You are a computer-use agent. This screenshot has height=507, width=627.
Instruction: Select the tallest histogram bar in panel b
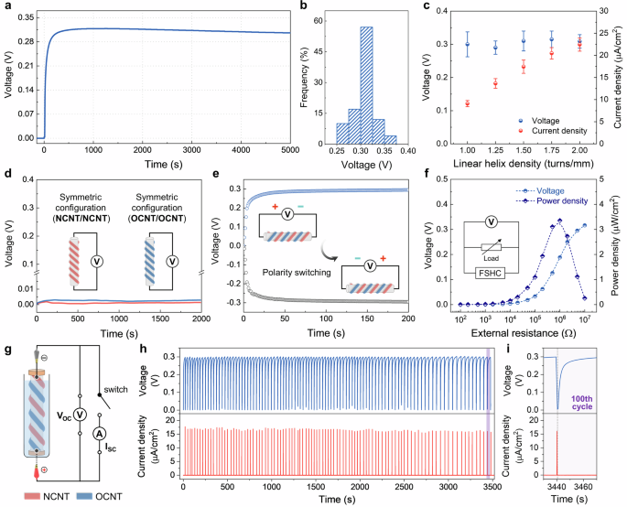click(289, 84)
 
